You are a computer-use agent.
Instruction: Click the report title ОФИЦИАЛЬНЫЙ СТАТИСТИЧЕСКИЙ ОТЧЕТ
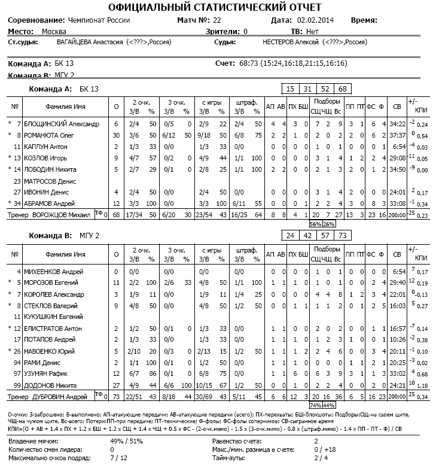[216, 7]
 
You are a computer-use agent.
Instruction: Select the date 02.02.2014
[316, 20]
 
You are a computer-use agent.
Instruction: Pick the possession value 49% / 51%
[126, 442]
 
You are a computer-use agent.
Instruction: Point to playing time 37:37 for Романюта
[397, 136]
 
